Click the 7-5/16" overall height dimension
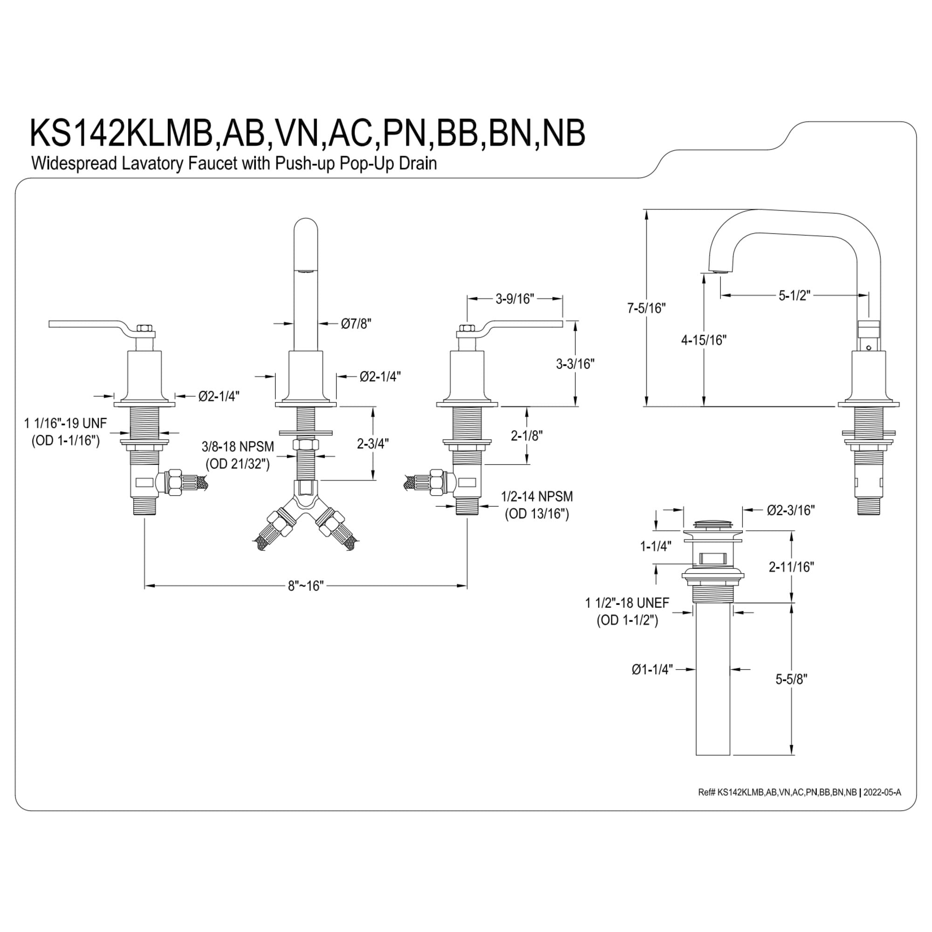tap(646, 308)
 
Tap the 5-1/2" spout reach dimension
tap(795, 296)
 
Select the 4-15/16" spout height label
tap(704, 340)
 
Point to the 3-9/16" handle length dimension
tap(515, 299)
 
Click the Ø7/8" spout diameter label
tap(356, 323)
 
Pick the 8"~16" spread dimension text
tap(306, 586)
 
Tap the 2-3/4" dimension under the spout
tap(373, 443)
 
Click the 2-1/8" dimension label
tap(527, 436)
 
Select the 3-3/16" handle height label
tap(575, 364)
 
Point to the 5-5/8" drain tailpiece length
tap(792, 679)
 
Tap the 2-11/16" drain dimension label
tap(792, 567)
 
